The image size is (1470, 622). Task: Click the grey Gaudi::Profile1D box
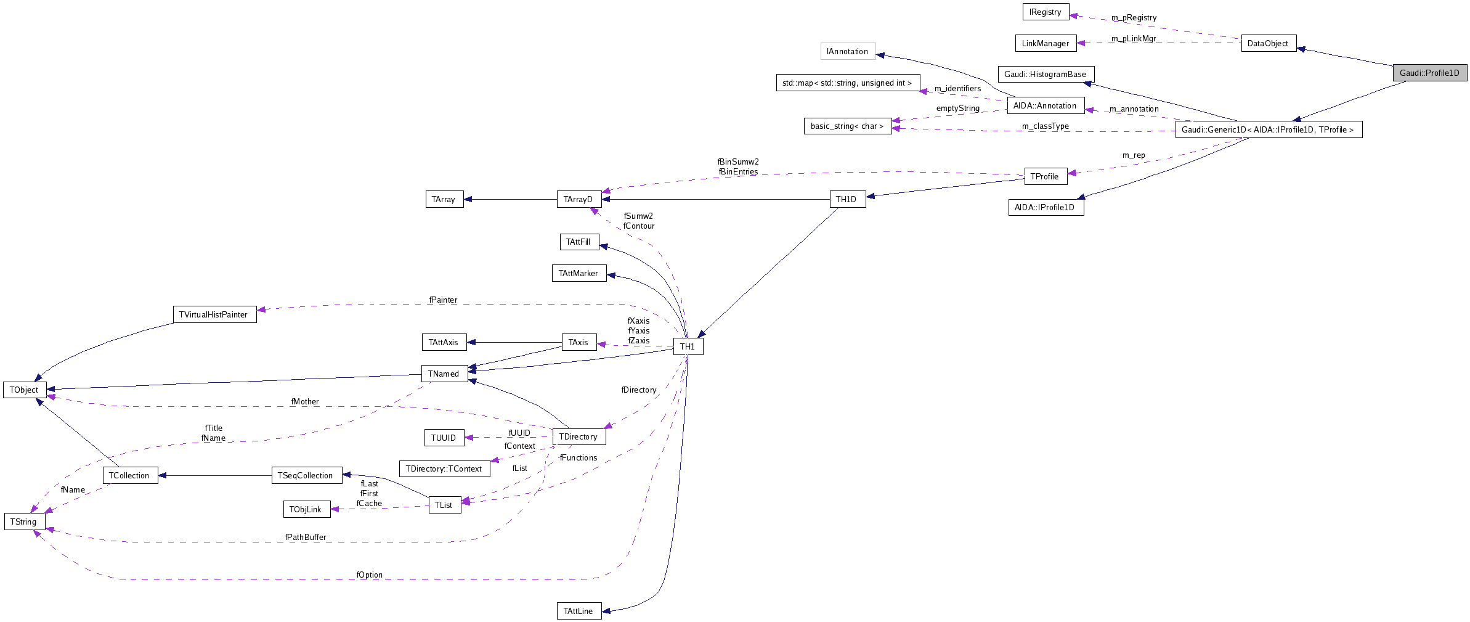[x=1429, y=73]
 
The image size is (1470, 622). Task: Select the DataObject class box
[x=1268, y=43]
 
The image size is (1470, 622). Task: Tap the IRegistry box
[x=1045, y=12]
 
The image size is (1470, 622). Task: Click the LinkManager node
[x=1045, y=43]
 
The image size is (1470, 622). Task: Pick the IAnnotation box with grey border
[x=847, y=51]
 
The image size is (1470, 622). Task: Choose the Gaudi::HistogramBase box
[x=1046, y=74]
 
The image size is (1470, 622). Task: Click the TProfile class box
[x=1045, y=176]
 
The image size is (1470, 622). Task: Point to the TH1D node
[x=847, y=199]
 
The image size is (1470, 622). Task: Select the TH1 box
[x=688, y=346]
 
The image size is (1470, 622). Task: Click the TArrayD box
[x=578, y=199]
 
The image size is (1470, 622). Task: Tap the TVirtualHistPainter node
[x=214, y=314]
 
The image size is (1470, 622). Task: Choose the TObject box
[x=24, y=390]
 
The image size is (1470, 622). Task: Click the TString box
[x=24, y=522]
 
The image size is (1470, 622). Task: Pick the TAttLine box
[x=578, y=611]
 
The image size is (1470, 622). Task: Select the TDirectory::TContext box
[x=444, y=469]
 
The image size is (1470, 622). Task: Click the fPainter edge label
[x=443, y=300]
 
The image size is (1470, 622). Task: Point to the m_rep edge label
[x=1133, y=155]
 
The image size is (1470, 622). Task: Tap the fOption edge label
[x=369, y=575]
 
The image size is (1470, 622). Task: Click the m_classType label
[x=1045, y=126]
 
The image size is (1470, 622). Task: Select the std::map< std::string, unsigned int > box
[x=847, y=83]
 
